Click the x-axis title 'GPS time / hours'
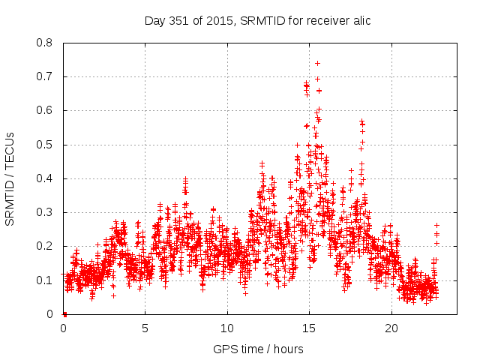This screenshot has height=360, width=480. click(x=258, y=349)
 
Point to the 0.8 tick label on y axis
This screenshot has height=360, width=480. click(x=45, y=43)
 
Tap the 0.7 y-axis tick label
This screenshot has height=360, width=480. click(x=45, y=76)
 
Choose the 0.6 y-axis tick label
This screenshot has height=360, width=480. click(x=45, y=110)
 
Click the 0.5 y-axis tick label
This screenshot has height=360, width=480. click(x=45, y=144)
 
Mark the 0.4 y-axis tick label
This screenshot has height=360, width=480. click(x=45, y=178)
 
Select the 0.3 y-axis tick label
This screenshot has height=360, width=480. click(x=45, y=212)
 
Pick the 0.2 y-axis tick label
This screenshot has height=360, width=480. click(x=45, y=246)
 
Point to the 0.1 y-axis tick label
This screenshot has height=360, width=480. click(x=45, y=280)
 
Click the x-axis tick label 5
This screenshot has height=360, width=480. click(x=145, y=328)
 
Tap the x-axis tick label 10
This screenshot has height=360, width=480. click(x=227, y=328)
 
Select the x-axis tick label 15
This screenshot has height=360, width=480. click(x=309, y=328)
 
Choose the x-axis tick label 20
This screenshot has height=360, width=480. click(x=391, y=328)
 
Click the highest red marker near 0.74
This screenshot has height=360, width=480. click(x=317, y=63)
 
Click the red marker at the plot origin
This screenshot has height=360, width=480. click(x=64, y=314)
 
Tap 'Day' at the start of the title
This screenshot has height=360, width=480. click(x=154, y=20)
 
